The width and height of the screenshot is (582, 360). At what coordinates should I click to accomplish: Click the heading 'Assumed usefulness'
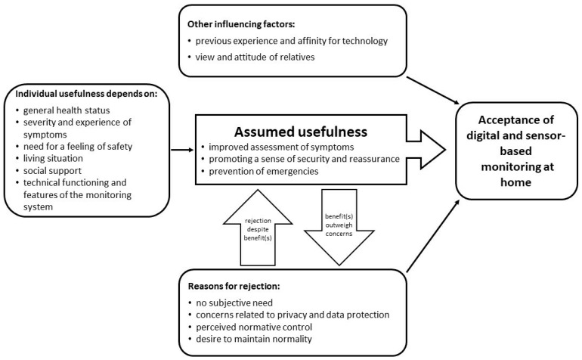(x=301, y=132)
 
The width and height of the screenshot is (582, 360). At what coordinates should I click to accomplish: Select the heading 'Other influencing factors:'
(x=241, y=24)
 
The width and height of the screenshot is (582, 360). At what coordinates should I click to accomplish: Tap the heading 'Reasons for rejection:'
(x=234, y=287)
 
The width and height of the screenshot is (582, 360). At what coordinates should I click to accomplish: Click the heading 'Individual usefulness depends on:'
(x=86, y=94)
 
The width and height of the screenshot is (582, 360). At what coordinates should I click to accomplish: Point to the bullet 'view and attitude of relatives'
(x=255, y=57)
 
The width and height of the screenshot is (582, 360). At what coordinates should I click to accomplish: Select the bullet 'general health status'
(x=67, y=110)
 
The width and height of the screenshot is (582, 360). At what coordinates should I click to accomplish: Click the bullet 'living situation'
(x=53, y=158)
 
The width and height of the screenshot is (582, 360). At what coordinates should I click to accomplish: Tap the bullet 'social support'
(x=52, y=171)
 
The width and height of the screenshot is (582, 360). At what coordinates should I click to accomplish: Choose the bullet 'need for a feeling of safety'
(x=78, y=147)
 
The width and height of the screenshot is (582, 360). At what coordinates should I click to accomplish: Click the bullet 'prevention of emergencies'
(x=264, y=171)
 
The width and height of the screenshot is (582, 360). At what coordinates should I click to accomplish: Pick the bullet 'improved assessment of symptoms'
(x=281, y=147)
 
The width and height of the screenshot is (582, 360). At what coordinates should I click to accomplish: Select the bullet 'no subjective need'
(x=234, y=303)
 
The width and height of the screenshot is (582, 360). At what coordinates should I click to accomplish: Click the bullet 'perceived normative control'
(x=254, y=327)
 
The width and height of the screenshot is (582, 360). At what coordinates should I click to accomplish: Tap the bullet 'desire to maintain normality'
(x=254, y=339)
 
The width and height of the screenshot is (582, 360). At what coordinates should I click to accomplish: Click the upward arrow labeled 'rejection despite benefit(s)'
(x=258, y=228)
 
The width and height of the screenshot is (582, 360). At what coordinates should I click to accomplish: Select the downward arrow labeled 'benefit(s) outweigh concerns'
(x=339, y=228)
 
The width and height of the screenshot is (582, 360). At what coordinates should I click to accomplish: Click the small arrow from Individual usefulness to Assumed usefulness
(x=182, y=150)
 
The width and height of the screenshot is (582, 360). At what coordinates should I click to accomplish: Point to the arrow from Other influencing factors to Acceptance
(x=433, y=91)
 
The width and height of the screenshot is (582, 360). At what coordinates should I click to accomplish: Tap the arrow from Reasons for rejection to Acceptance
(x=433, y=236)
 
